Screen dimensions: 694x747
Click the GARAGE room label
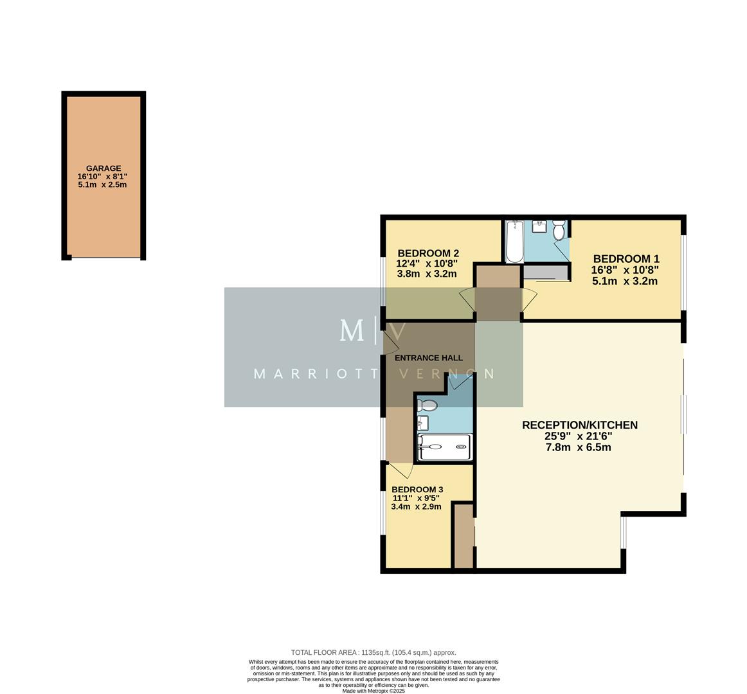tap(104, 168)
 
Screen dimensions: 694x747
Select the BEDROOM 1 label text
tap(625, 258)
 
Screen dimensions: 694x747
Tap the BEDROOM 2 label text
tap(428, 253)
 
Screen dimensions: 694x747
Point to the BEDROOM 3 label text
tap(417, 489)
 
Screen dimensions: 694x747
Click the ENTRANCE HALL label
tap(428, 358)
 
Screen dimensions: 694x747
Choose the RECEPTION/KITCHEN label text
tap(579, 425)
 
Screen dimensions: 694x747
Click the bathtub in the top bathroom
tap(514, 242)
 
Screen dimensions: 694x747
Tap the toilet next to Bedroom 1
tap(558, 229)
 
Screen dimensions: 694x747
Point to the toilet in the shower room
tap(426, 405)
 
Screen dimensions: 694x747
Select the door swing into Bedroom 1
tap(528, 299)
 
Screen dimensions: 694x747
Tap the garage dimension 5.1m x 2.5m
tap(104, 185)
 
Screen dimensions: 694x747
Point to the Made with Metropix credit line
tap(373, 691)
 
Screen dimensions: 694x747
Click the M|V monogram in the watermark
tap(373, 332)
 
